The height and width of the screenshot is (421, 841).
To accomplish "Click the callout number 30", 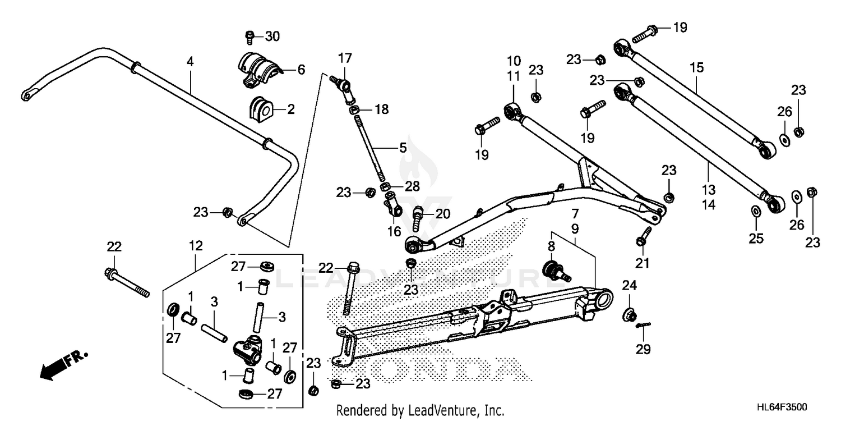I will [272, 36].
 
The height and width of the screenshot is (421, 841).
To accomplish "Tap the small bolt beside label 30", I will [250, 38].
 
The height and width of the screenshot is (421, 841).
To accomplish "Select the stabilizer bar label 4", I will [190, 62].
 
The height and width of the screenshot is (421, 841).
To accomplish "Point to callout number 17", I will [345, 57].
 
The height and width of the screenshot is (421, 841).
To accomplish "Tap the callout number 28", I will [412, 187].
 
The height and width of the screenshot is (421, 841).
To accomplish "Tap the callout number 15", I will [696, 68].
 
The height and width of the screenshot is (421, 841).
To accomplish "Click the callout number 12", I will [195, 245].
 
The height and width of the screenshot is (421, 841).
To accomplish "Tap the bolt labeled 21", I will [643, 236].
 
